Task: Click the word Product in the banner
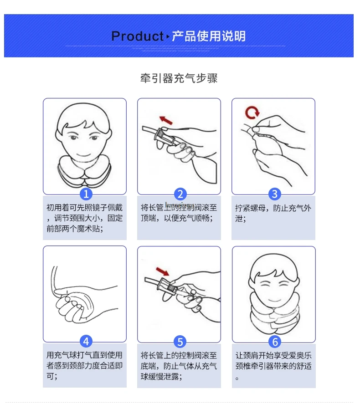[137, 36]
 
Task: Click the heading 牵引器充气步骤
[179, 78]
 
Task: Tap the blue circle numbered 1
[86, 194]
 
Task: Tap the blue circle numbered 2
[180, 194]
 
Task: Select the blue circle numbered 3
[274, 194]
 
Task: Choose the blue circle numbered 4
[86, 341]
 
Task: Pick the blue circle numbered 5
[180, 341]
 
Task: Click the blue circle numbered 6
[274, 341]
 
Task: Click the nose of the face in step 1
[83, 145]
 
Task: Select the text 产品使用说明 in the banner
[209, 36]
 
